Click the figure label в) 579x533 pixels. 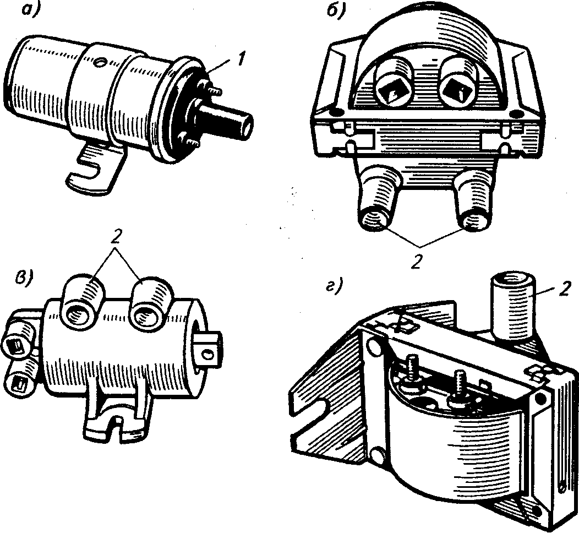coord(23,276)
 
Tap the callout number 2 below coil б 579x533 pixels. coord(417,262)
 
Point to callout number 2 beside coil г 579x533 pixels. coord(565,289)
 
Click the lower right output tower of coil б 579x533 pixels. coord(474,201)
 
